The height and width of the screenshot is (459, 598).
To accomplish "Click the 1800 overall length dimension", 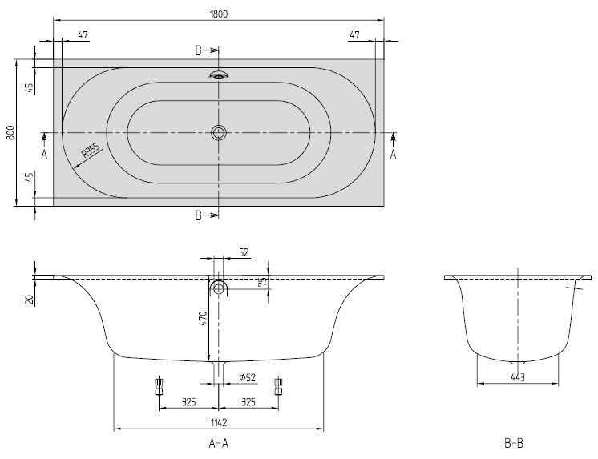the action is click(219, 14).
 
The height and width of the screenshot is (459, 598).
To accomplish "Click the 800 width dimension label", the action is click(10, 132).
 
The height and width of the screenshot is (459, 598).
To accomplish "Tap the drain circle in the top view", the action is click(219, 133).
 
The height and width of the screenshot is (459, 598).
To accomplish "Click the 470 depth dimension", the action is click(203, 318).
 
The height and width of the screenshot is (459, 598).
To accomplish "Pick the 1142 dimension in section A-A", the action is click(219, 422).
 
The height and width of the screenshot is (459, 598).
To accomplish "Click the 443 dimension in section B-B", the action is click(518, 377).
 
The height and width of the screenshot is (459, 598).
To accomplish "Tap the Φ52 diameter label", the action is click(248, 377).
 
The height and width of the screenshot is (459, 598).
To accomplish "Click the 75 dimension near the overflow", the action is click(263, 282).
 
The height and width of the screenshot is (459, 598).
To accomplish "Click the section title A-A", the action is click(219, 443).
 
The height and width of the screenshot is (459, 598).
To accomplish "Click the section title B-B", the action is click(514, 443).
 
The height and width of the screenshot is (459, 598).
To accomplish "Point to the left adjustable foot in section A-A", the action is click(159, 386).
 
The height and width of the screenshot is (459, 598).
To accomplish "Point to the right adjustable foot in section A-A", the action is click(278, 386).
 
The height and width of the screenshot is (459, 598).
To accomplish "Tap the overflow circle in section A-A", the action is click(219, 288).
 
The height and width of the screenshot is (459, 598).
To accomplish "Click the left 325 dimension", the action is click(188, 402).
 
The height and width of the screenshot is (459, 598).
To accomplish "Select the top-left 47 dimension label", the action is click(83, 34).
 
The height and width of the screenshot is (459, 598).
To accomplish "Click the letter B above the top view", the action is click(198, 50).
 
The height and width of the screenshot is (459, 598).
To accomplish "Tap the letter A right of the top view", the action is click(394, 155).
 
